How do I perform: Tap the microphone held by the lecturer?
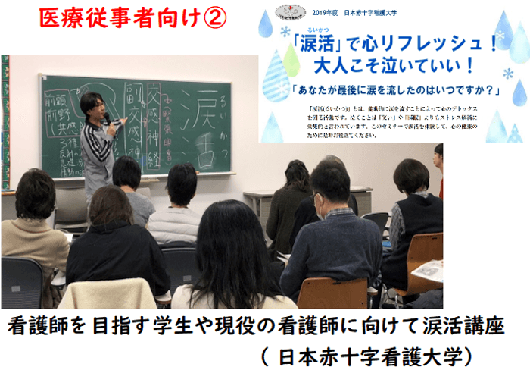pos(108,118)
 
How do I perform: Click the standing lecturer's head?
pos(92,106)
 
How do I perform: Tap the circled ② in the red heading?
pos(214,19)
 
